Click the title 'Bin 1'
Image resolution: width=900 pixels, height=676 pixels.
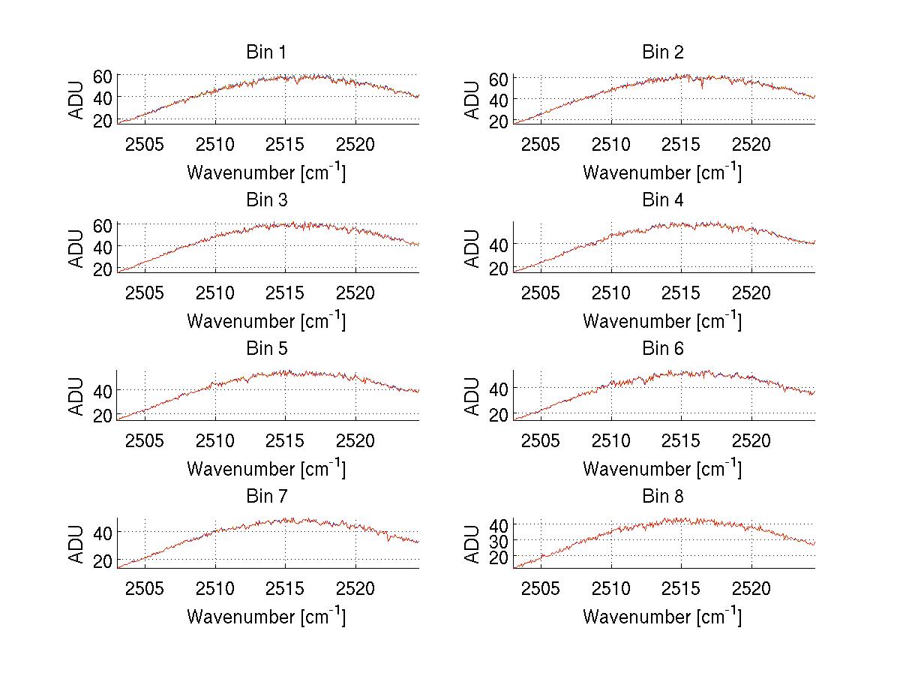pos(266,53)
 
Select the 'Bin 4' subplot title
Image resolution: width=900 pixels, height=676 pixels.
pos(663,200)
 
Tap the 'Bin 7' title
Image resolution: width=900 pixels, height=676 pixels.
pos(266,497)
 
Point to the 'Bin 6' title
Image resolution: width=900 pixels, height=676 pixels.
pos(663,349)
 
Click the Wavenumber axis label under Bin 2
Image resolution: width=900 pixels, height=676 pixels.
pos(662,172)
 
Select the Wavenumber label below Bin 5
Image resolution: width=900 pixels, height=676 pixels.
pos(266,468)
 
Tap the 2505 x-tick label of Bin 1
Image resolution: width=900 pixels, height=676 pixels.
pos(145,144)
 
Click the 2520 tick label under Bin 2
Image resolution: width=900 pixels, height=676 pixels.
pos(751,144)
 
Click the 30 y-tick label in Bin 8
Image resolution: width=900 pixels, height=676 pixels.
pos(498,540)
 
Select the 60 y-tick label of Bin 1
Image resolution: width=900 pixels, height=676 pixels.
pos(102,76)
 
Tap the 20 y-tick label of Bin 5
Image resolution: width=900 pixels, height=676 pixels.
pos(102,415)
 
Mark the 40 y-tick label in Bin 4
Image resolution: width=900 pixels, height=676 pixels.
pos(498,244)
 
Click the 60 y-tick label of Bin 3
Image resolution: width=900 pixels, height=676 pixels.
pos(102,224)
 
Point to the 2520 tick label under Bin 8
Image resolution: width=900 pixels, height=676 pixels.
pos(751,588)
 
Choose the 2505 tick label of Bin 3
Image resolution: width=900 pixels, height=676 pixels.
pos(145,293)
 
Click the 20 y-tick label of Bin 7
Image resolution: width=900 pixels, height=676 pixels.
pos(102,561)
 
